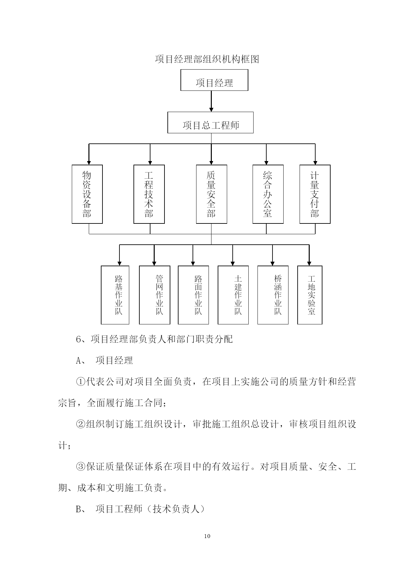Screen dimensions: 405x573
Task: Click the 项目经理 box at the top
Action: click(214, 80)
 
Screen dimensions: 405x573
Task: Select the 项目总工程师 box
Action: click(210, 123)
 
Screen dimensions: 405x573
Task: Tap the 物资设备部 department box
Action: click(87, 194)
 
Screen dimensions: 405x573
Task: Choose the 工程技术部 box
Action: click(149, 194)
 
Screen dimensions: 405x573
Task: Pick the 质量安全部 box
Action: click(211, 194)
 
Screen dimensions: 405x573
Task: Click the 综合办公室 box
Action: click(268, 194)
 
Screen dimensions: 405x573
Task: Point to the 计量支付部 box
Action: click(315, 194)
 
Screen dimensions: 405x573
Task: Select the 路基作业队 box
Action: click(115, 295)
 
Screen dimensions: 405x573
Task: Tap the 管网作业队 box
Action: click(155, 295)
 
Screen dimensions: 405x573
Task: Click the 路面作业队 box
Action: click(193, 295)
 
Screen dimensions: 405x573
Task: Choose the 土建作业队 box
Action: click(233, 295)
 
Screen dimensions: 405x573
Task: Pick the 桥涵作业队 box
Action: click(273, 295)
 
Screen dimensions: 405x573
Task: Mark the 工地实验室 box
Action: click(310, 295)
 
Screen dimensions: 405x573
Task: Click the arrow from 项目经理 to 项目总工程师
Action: click(211, 101)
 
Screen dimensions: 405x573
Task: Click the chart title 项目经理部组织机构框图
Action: click(207, 59)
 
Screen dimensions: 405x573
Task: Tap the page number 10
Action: click(207, 536)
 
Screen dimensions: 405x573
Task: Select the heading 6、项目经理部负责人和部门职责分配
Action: click(154, 339)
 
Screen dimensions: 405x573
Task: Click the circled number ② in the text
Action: click(81, 424)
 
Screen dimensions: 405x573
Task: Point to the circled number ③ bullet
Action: click(81, 467)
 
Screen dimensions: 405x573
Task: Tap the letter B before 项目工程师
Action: click(79, 509)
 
